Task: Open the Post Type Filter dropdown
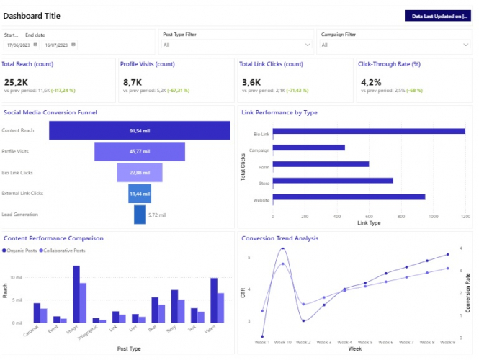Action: point(237,45)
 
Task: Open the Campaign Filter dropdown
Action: point(395,45)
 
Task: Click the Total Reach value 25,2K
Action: point(16,82)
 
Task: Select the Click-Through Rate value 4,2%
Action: point(371,82)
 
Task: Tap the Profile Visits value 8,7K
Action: point(133,82)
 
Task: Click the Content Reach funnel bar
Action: point(140,130)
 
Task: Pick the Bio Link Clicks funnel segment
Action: point(140,172)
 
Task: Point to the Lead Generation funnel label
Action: point(20,214)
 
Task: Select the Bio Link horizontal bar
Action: point(369,131)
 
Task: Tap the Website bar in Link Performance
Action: point(349,197)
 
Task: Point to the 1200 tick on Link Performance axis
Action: point(465,216)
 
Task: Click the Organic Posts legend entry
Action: point(22,250)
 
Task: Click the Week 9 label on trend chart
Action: point(448,341)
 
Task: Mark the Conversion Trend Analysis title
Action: point(280,238)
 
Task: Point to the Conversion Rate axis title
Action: point(468,292)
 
